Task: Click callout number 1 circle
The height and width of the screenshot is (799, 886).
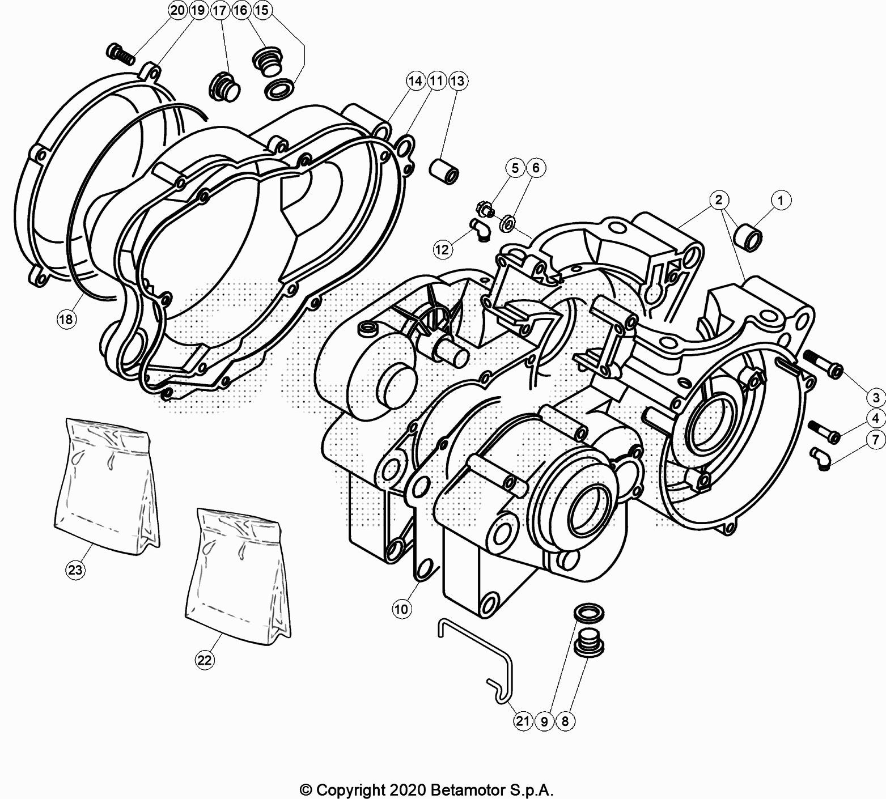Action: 781,200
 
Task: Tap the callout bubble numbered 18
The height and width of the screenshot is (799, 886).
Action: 66,319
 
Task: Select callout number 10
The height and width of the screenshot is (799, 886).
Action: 401,609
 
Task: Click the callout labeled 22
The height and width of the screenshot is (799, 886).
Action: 205,660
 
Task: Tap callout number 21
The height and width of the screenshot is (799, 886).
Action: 523,721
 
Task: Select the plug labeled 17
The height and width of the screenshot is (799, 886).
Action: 225,88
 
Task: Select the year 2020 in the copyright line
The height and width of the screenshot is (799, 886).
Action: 409,789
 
